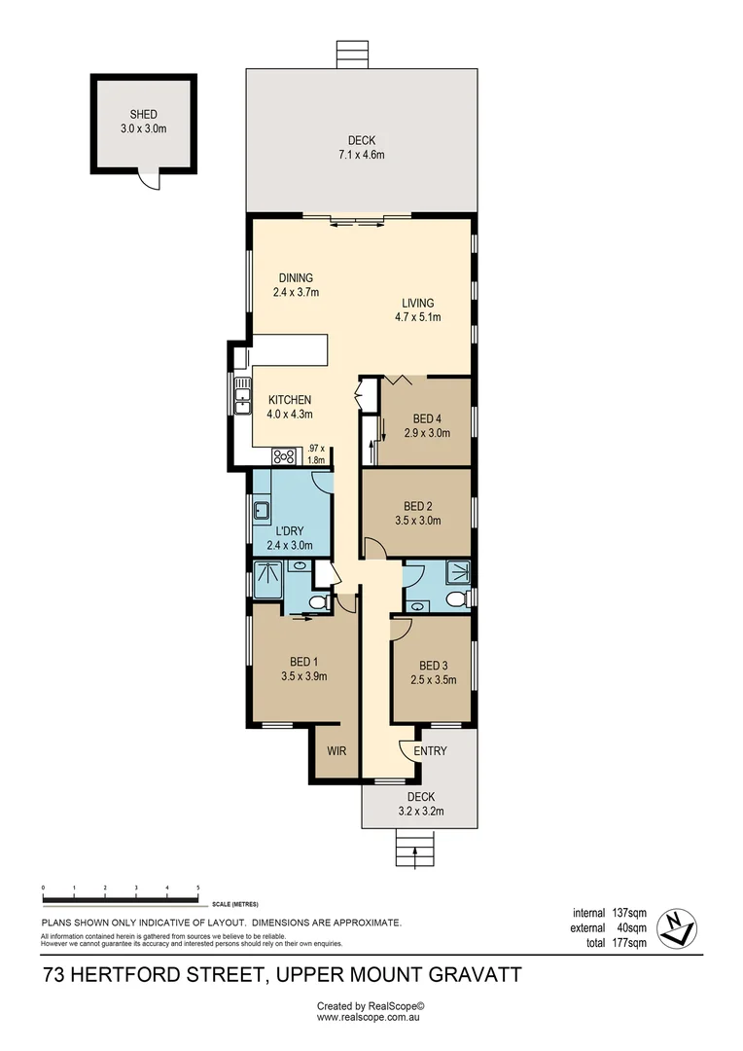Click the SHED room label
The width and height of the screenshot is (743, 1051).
143,115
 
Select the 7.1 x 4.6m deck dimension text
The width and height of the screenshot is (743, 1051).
361,155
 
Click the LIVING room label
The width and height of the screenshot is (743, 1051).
413,303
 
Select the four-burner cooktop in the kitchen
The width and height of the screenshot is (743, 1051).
285,454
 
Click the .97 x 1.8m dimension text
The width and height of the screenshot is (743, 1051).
315,454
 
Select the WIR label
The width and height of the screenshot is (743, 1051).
336,750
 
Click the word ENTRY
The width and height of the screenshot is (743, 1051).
430,750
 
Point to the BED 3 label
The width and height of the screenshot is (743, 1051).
433,666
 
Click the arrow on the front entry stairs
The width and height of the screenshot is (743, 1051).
415,854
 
